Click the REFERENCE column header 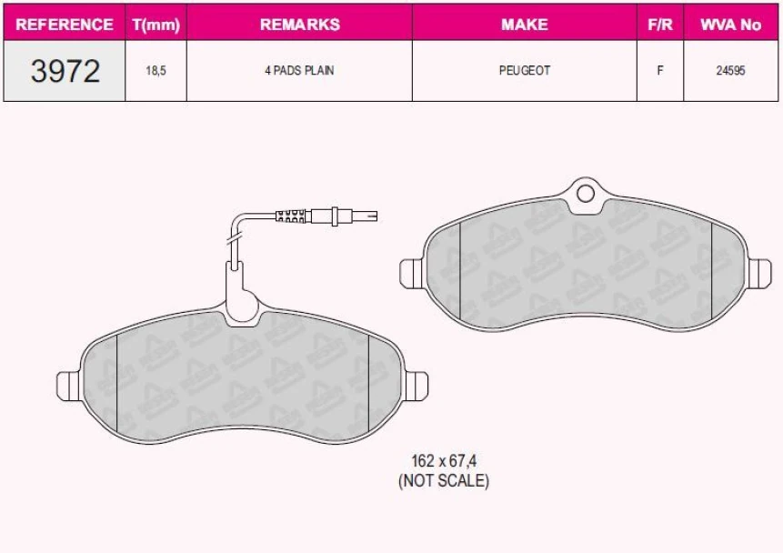(65, 25)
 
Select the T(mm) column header (156, 25)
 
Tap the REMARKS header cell (299, 25)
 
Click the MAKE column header (525, 25)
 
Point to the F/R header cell (659, 25)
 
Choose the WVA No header (730, 25)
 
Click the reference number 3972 (65, 71)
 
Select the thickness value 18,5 (156, 71)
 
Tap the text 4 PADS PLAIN (299, 71)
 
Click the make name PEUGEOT (525, 71)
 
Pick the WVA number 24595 (730, 71)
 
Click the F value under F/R (659, 71)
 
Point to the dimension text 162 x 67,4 (443, 462)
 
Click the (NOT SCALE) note (443, 481)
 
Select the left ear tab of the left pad (68, 384)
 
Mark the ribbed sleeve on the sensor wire (293, 216)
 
